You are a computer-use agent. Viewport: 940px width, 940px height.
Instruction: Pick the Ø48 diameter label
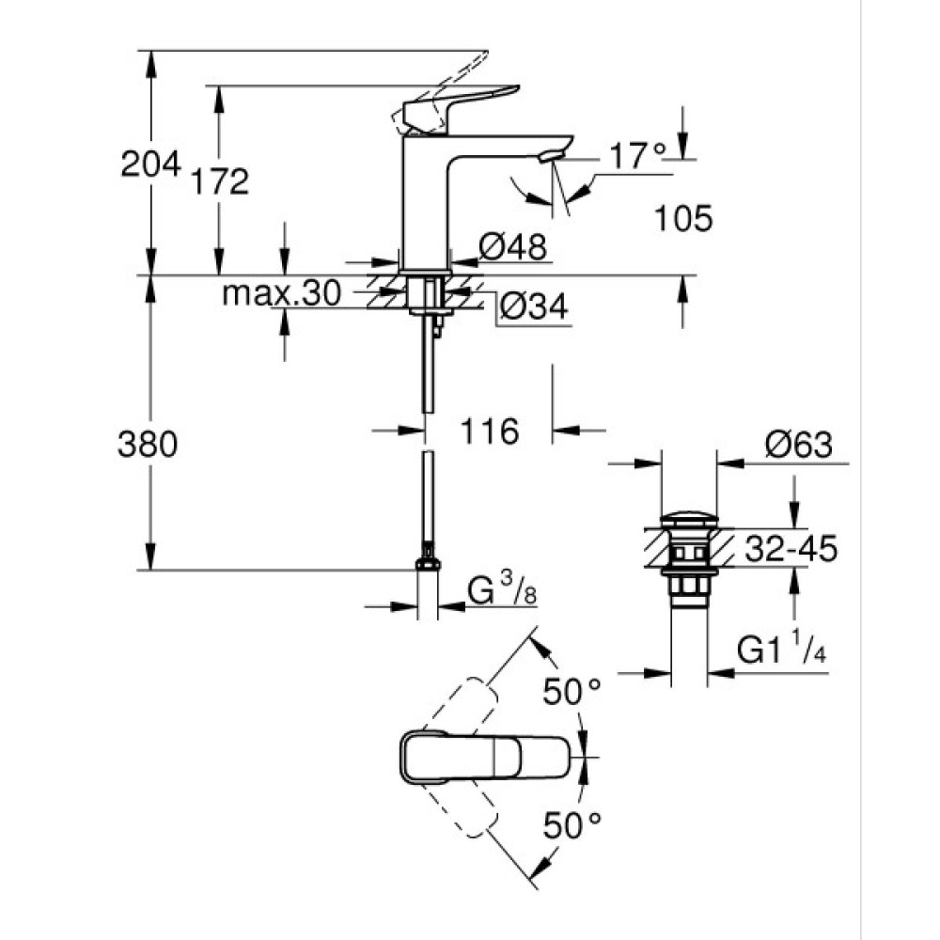pyautogui.click(x=512, y=247)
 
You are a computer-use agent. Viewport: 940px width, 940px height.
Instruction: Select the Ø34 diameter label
pyautogui.click(x=533, y=306)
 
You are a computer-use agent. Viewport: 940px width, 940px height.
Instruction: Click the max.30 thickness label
pyautogui.click(x=280, y=294)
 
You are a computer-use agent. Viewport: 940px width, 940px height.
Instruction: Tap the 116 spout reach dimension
pyautogui.click(x=490, y=431)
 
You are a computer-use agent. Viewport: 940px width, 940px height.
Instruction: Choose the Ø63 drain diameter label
pyautogui.click(x=798, y=445)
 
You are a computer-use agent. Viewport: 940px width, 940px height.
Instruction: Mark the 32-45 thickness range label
pyautogui.click(x=791, y=548)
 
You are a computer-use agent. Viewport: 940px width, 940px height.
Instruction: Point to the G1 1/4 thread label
pyautogui.click(x=780, y=649)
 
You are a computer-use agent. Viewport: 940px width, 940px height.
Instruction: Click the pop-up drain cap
pyautogui.click(x=689, y=519)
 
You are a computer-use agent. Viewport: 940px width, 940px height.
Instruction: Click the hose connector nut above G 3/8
pyautogui.click(x=428, y=561)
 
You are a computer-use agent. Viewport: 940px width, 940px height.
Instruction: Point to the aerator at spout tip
pyautogui.click(x=552, y=155)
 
